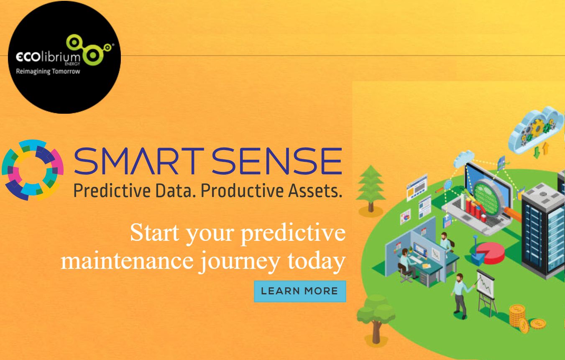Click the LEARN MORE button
(300, 291)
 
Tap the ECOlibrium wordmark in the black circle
(48, 57)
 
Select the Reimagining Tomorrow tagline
(48, 71)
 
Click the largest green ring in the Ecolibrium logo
(92, 55)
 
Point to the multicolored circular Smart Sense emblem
(33, 170)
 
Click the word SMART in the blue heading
(139, 161)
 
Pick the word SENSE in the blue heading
(277, 161)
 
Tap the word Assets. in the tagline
(315, 190)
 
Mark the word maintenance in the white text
(127, 260)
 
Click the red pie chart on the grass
(491, 253)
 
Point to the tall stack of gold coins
(517, 317)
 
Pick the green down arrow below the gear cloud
(537, 153)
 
